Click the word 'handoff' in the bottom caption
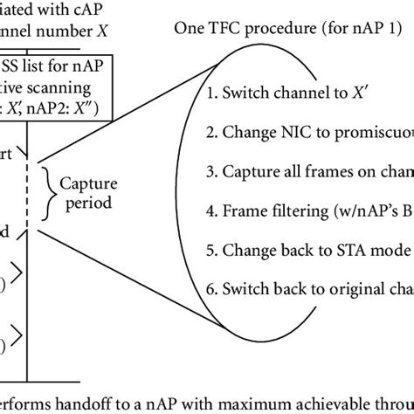coord(88,403)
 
